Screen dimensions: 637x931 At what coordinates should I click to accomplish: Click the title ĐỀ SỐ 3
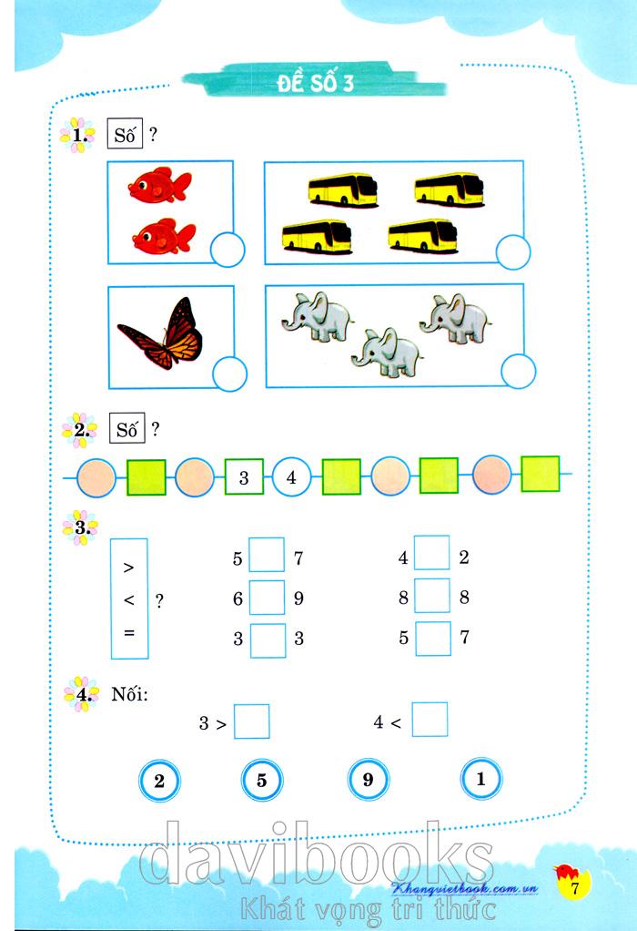tap(315, 83)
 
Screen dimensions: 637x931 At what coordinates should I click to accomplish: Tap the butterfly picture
tap(160, 333)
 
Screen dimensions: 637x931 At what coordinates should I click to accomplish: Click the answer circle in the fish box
tap(227, 250)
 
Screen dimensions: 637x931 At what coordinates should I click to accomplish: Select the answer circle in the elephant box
tap(519, 371)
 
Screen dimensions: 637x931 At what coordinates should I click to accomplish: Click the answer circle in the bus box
tap(513, 252)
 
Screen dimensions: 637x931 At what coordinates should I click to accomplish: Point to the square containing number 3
tap(244, 476)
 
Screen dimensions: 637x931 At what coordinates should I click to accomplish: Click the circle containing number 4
tap(291, 476)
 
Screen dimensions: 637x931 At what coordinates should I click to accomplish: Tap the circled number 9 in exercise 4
tap(369, 779)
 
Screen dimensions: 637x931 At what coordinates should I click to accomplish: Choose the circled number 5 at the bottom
tap(261, 780)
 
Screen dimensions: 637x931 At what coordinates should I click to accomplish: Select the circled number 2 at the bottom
tap(159, 781)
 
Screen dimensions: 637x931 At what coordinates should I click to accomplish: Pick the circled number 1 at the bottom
tap(481, 778)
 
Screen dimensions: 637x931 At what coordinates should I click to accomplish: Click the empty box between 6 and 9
tap(267, 598)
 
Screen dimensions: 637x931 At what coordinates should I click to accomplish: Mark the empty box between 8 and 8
tap(431, 596)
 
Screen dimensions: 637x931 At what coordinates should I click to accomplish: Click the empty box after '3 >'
tap(251, 721)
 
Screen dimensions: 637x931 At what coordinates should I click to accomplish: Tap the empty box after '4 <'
tap(430, 720)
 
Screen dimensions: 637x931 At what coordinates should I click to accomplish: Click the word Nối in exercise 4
tap(129, 693)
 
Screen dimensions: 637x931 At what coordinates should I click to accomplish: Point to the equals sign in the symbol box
tap(129, 633)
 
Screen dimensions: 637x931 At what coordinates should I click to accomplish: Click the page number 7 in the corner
tap(573, 888)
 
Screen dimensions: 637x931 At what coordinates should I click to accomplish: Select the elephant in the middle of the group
tap(387, 353)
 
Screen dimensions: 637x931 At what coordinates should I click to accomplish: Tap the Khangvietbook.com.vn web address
tap(465, 889)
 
